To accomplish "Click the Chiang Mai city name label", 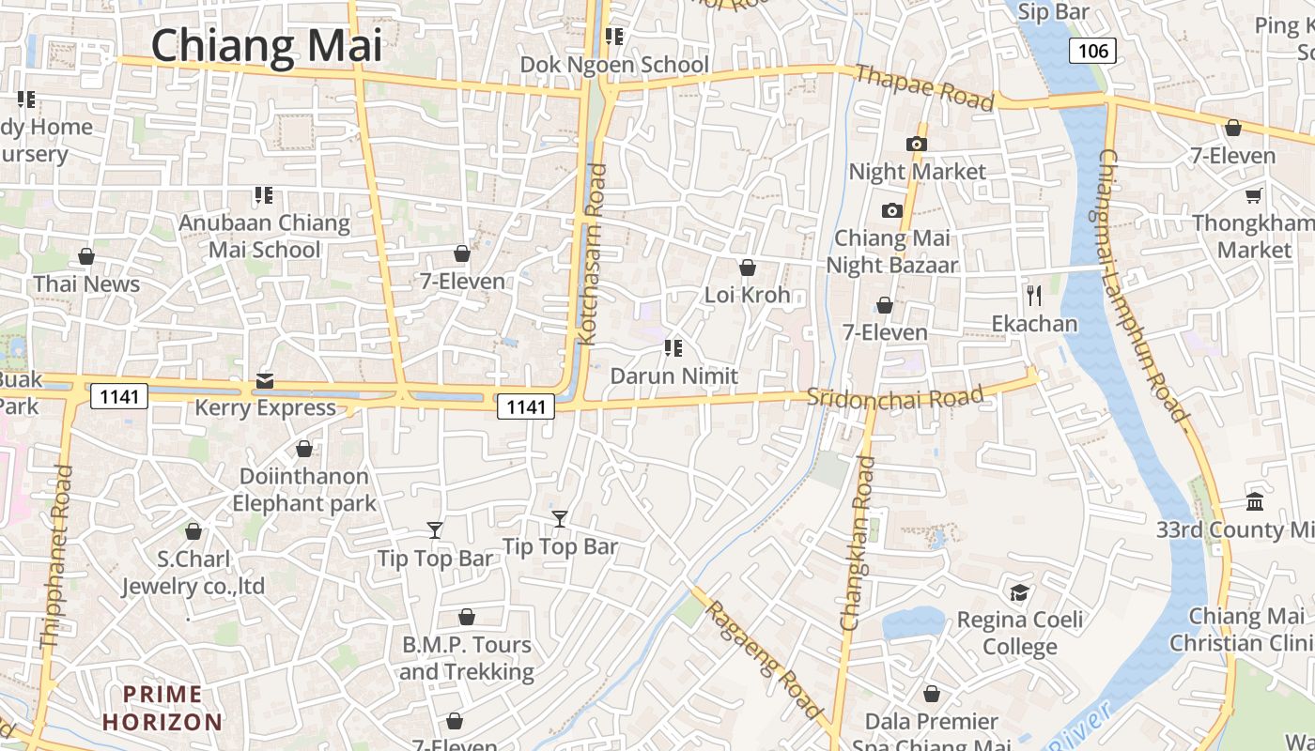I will [267, 45].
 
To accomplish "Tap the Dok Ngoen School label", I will [615, 65].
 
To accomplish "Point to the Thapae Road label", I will [924, 86].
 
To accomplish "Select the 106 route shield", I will [1093, 50].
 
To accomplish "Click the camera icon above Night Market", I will [916, 144].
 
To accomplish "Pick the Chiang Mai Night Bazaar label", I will [891, 252].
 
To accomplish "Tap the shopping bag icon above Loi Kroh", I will [748, 268].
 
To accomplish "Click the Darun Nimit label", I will [673, 375].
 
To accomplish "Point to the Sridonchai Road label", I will [894, 397].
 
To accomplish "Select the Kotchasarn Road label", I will [592, 255].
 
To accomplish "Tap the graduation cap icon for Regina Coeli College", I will [1019, 592].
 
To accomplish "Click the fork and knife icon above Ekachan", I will [1034, 296].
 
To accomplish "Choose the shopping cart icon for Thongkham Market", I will [1253, 195].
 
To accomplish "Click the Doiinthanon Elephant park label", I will [304, 489].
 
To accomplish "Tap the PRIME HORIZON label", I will [162, 709].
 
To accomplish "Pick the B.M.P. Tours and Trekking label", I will [467, 658].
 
